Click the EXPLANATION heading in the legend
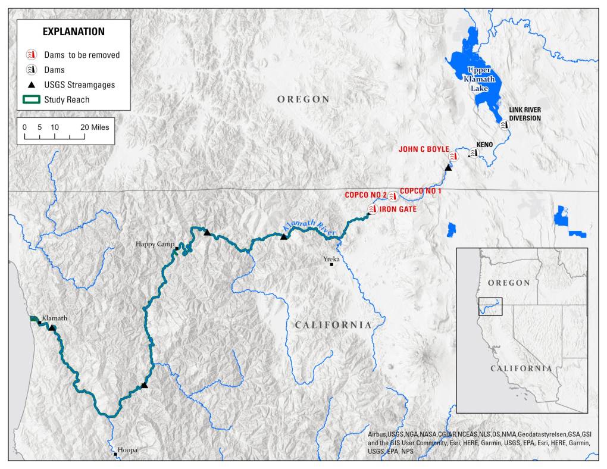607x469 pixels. (73, 32)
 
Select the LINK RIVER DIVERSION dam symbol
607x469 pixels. (504, 126)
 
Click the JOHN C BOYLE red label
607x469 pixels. (424, 149)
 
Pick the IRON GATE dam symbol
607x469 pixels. (373, 210)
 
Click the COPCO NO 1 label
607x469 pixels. (421, 190)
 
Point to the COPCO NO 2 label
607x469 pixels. (365, 195)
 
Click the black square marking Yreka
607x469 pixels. (332, 264)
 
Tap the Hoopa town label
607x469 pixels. (127, 450)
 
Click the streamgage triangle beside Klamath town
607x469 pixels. (52, 327)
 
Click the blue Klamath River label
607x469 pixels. (309, 226)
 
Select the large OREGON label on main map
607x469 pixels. (303, 99)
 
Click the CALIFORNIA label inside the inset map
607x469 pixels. (521, 368)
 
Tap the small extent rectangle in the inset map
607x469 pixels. (490, 306)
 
